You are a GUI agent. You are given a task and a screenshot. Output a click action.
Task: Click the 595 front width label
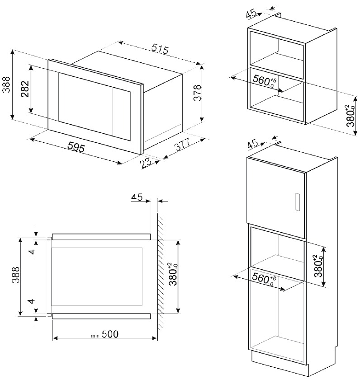pos(76,147)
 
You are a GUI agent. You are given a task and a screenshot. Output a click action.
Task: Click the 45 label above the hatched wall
pos(137,197)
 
